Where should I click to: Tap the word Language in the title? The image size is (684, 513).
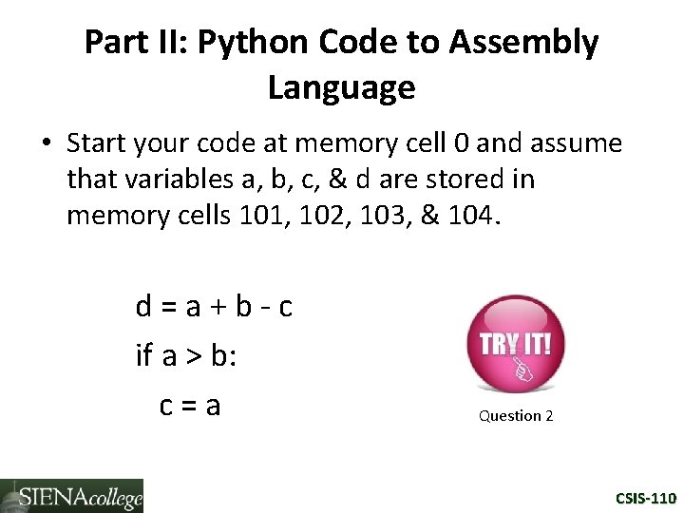pyautogui.click(x=341, y=87)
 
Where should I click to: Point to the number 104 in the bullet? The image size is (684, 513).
pyautogui.click(x=466, y=216)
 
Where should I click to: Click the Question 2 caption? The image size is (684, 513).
pyautogui.click(x=516, y=416)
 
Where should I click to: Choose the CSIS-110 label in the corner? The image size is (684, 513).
pyautogui.click(x=645, y=498)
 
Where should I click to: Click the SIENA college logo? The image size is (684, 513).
pyautogui.click(x=72, y=496)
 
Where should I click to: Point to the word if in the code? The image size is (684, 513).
pyautogui.click(x=143, y=356)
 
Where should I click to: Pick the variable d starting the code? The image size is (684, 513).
pyautogui.click(x=144, y=307)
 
